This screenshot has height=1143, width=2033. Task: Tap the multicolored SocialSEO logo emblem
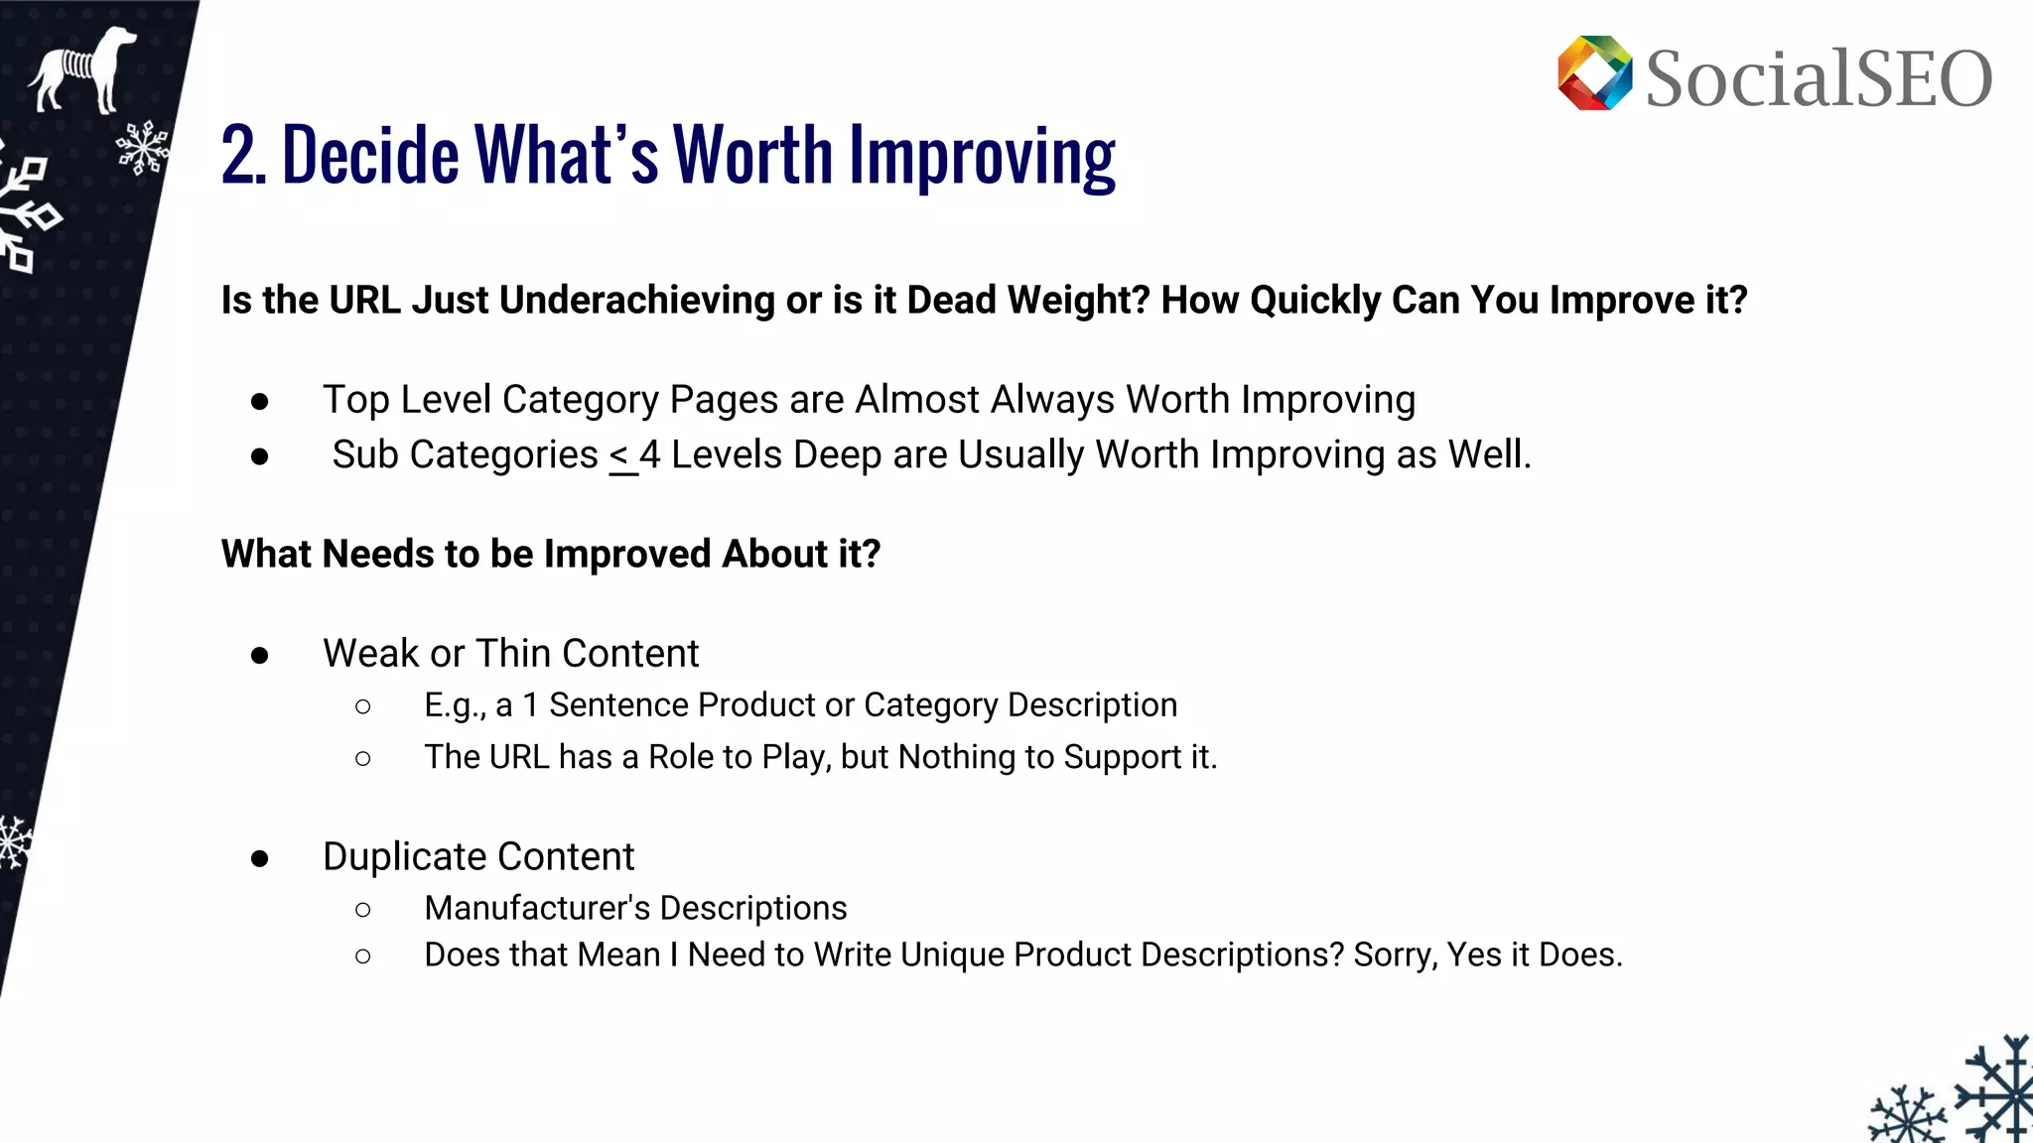1594,73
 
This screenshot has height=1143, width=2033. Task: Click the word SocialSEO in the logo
1818,78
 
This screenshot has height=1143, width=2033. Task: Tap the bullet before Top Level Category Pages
260,402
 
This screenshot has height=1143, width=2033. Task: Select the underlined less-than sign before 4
620,456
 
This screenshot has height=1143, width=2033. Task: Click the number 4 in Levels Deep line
649,455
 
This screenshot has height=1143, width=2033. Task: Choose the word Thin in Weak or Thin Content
513,654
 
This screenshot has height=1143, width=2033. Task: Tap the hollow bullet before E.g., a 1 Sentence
363,706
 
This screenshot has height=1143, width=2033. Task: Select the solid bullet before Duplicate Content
260,858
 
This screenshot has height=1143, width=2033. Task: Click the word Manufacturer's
537,908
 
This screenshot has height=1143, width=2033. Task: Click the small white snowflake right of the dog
142,149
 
